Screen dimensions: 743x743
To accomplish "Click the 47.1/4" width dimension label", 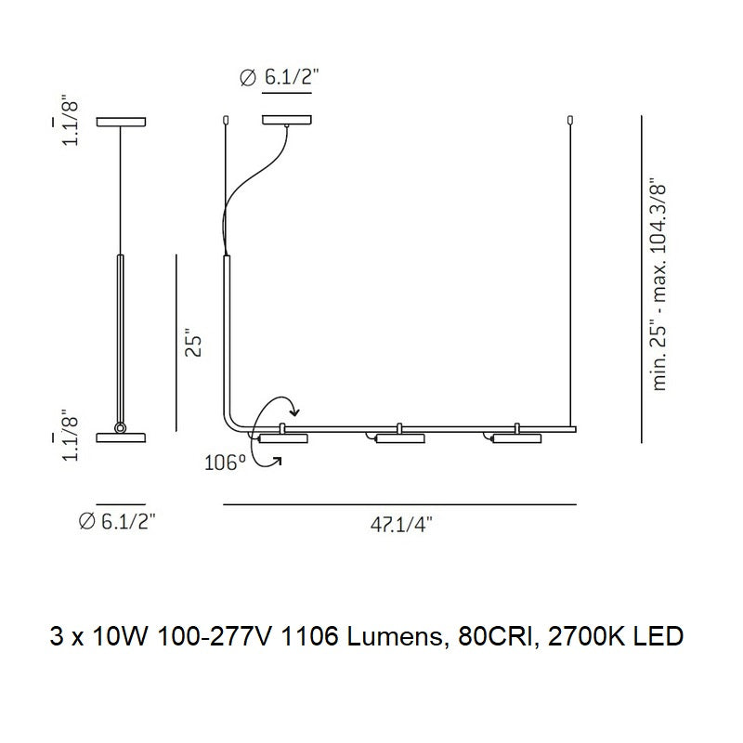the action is [x=401, y=525].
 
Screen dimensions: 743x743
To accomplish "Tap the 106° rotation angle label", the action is [x=225, y=463].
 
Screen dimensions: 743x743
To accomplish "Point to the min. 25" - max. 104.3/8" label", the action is [x=660, y=284].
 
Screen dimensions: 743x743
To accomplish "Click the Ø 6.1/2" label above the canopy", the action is [x=280, y=76].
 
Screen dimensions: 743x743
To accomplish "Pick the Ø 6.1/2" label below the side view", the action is [x=117, y=522].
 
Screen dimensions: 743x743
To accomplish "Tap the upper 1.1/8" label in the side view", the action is [x=71, y=123].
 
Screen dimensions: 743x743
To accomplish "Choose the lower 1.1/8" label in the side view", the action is [x=71, y=437].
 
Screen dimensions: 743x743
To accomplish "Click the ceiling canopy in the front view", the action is [x=287, y=121].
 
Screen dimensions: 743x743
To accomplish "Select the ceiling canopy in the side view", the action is [x=121, y=122].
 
